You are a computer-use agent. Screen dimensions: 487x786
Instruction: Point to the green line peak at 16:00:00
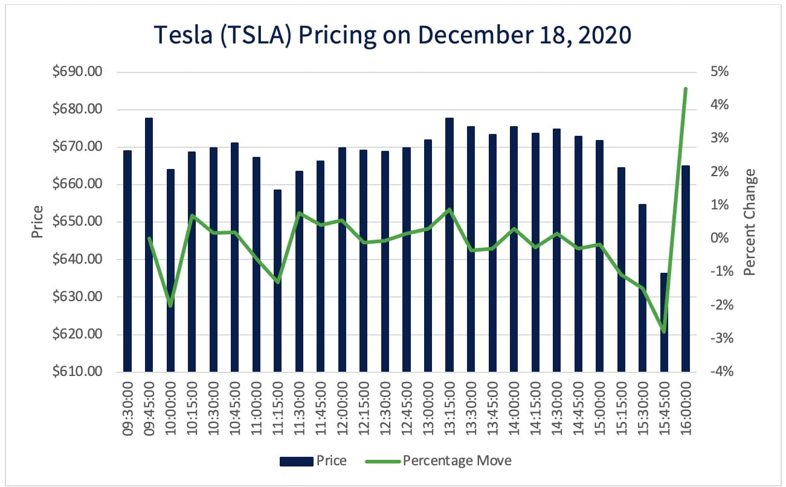click(686, 89)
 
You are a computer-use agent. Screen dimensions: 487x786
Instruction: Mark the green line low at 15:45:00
click(664, 331)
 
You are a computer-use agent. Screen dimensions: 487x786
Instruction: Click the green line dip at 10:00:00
click(170, 305)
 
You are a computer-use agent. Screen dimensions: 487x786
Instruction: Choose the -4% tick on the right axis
click(720, 372)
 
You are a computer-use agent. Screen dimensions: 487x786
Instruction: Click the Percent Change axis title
click(750, 222)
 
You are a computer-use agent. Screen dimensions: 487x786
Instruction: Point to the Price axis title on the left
click(37, 222)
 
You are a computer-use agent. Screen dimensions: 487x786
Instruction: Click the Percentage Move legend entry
click(456, 461)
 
